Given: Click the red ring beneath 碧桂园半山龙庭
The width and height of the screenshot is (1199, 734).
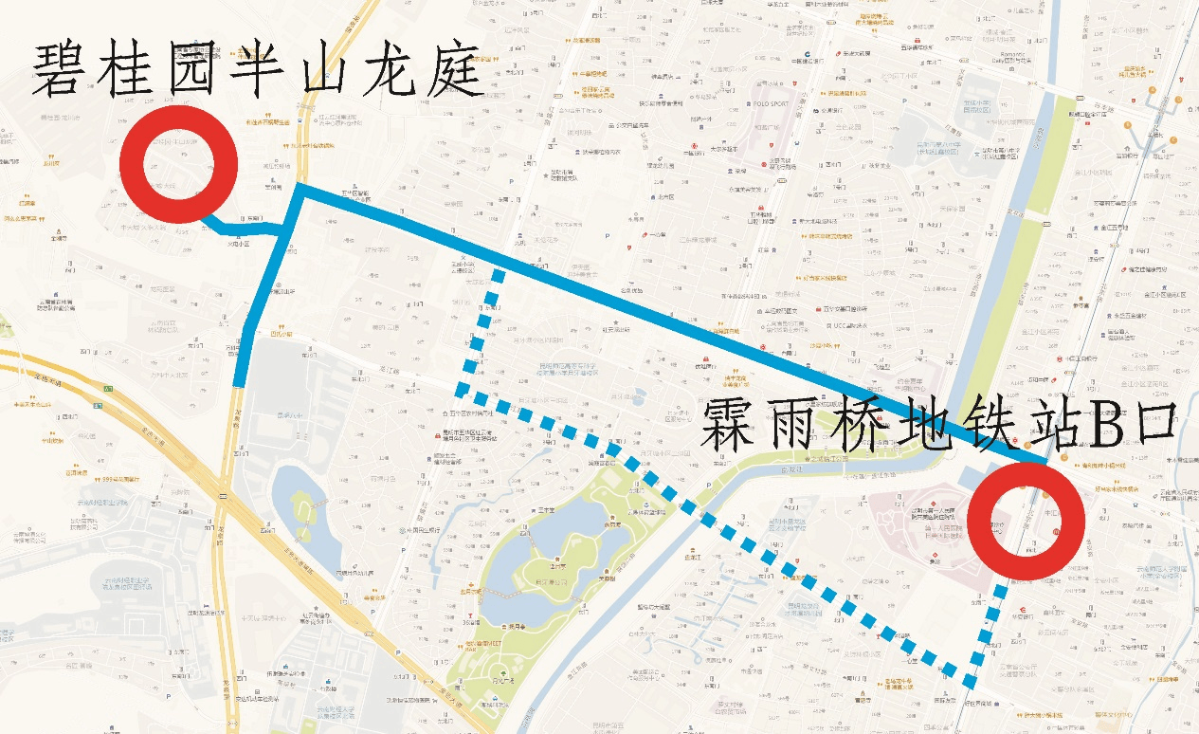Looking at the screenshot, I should pos(178,164).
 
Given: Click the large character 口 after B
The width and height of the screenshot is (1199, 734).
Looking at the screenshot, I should pos(1152,424).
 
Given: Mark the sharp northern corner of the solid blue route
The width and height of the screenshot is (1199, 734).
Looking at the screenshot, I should pos(300,187).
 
